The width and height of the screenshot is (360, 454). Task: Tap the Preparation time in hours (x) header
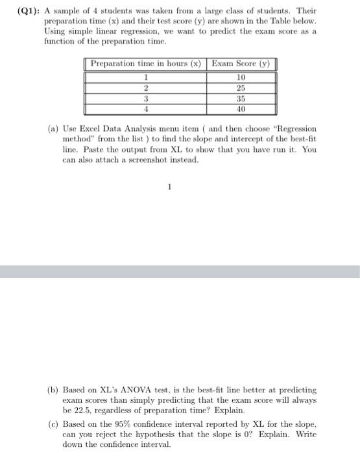pos(145,64)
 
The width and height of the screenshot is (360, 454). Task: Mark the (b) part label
pos(53,390)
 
